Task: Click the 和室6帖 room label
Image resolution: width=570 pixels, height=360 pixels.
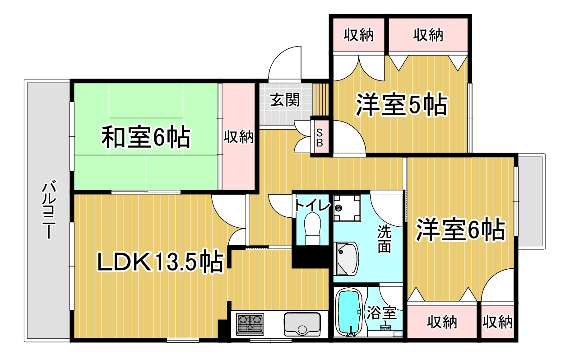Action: (x=146, y=136)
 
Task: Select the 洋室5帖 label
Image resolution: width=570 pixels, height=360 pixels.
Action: (x=401, y=105)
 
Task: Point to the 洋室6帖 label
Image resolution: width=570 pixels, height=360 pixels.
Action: (x=460, y=229)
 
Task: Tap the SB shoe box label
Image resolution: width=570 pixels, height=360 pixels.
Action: (x=320, y=138)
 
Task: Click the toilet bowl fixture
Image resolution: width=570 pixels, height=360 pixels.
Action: (x=312, y=229)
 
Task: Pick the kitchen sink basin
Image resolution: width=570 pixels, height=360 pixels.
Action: (x=302, y=324)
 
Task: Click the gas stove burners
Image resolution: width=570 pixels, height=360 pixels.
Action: (x=250, y=324)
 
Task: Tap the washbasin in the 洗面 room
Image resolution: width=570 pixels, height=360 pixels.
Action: (x=346, y=258)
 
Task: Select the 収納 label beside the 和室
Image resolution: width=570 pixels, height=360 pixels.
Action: (x=238, y=136)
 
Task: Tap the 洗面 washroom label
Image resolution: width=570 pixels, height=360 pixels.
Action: (x=384, y=239)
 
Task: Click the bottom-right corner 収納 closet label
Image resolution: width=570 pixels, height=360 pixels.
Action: (x=497, y=322)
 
